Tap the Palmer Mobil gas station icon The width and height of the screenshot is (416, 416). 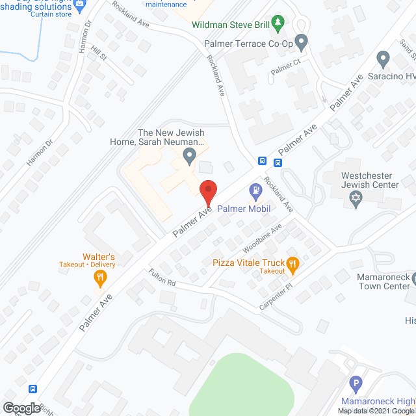pos(255,190)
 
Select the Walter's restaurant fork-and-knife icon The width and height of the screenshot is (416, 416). pos(99,279)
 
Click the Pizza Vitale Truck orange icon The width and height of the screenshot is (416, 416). pos(292,263)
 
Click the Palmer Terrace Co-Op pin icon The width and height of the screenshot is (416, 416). pos(301,43)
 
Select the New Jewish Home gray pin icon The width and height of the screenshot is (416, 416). pos(189,155)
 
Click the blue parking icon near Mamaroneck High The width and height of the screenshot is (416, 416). pos(355,384)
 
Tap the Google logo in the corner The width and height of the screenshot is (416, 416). pos(21,408)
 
